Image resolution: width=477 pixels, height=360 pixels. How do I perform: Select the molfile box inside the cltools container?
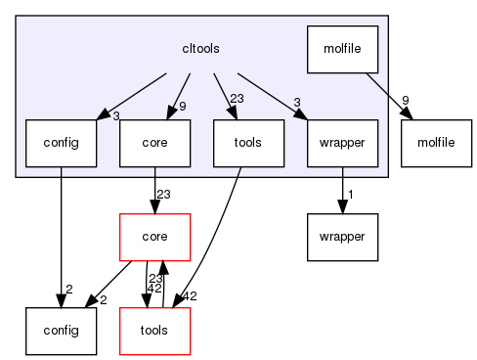click(342, 49)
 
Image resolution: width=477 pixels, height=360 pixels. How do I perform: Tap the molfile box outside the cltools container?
click(436, 143)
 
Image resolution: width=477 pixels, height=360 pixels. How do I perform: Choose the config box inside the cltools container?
click(61, 143)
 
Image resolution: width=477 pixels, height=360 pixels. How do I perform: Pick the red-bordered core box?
click(153, 237)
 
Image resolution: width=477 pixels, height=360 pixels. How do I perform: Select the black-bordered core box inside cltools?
click(153, 143)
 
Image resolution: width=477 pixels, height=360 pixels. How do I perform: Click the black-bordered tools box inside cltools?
click(248, 143)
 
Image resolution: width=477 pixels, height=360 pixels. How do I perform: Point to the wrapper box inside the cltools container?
click(342, 143)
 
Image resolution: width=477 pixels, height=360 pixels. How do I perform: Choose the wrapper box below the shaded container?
click(342, 237)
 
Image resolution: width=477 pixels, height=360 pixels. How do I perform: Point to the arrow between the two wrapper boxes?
click(342, 190)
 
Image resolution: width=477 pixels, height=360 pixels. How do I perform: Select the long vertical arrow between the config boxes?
click(61, 235)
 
